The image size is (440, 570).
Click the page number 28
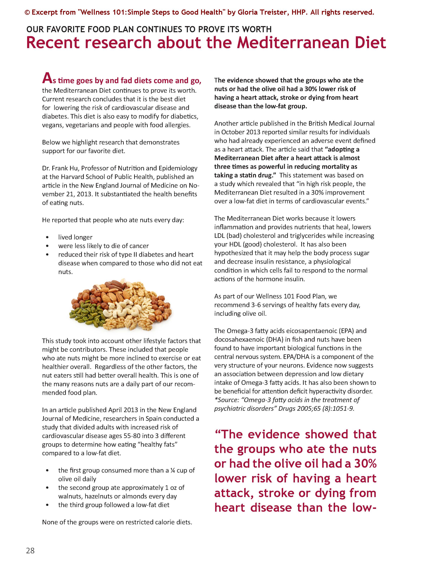(x=30, y=550)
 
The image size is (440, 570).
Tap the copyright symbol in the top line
(x=27, y=13)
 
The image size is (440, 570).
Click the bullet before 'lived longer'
(x=47, y=237)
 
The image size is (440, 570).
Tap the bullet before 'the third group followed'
(x=47, y=505)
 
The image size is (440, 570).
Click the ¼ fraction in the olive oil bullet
(x=172, y=470)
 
